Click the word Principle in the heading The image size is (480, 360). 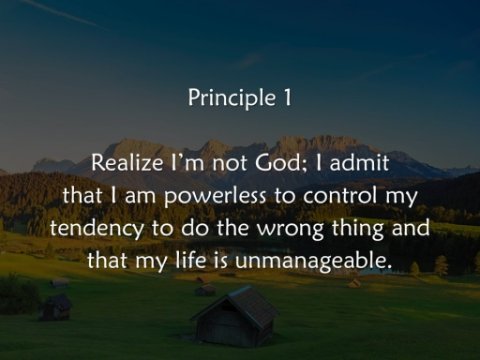(x=232, y=98)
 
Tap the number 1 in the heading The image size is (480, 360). (x=287, y=97)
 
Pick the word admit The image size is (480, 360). (x=359, y=163)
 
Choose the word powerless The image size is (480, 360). (x=215, y=196)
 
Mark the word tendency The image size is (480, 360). (x=97, y=229)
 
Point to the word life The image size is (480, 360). (x=190, y=260)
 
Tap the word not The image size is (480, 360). (x=231, y=163)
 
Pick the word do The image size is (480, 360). (x=194, y=228)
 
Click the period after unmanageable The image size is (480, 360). (x=387, y=267)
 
